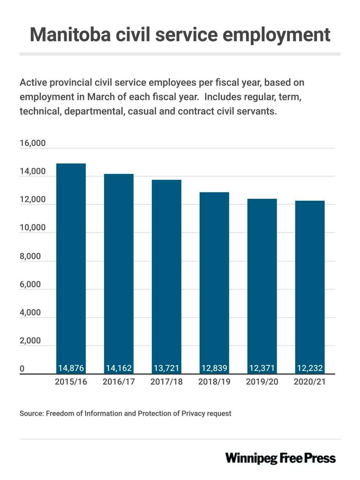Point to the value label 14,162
coord(119,368)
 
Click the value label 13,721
coord(166,368)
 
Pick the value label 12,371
coord(262,368)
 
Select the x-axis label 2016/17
coord(119,382)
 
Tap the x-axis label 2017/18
coord(166,382)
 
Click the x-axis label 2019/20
coord(262,382)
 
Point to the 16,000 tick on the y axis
coord(32,143)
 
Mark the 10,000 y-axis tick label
coord(32,227)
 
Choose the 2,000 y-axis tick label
coord(30,340)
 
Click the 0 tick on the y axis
coord(22,368)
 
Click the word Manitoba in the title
coord(70,35)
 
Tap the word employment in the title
coord(276,35)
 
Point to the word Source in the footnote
coord(31,413)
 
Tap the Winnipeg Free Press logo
coord(280,458)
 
